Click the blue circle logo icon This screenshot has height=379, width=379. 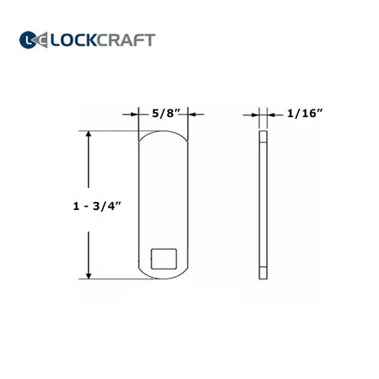(x=28, y=40)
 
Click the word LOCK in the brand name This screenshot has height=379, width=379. (x=73, y=40)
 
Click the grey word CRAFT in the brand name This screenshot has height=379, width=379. (x=126, y=40)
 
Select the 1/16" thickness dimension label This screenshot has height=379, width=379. (x=305, y=113)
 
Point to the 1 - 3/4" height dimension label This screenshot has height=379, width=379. (x=97, y=206)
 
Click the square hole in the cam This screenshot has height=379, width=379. (x=164, y=259)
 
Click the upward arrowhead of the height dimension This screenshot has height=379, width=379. (x=88, y=133)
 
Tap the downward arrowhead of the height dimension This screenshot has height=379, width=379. (x=88, y=276)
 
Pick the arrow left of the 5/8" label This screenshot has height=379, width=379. (x=131, y=115)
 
